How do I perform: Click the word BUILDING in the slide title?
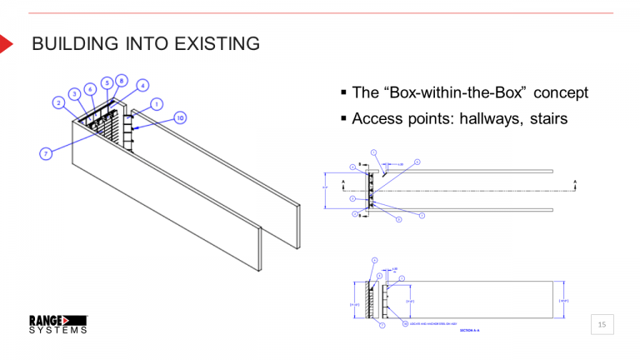(x=73, y=43)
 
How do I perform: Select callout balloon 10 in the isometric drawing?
(x=179, y=117)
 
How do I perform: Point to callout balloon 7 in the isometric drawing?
(x=46, y=153)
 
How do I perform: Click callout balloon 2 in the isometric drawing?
(x=59, y=102)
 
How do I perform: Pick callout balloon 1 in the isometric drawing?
(x=157, y=104)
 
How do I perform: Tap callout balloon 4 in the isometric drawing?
(x=142, y=85)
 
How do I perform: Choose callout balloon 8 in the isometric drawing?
(x=122, y=81)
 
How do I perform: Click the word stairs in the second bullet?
(x=547, y=118)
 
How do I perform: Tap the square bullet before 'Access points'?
(x=343, y=118)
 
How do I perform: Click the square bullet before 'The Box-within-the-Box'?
(x=343, y=92)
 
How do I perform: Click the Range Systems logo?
(x=58, y=324)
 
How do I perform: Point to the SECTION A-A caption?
(x=470, y=331)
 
